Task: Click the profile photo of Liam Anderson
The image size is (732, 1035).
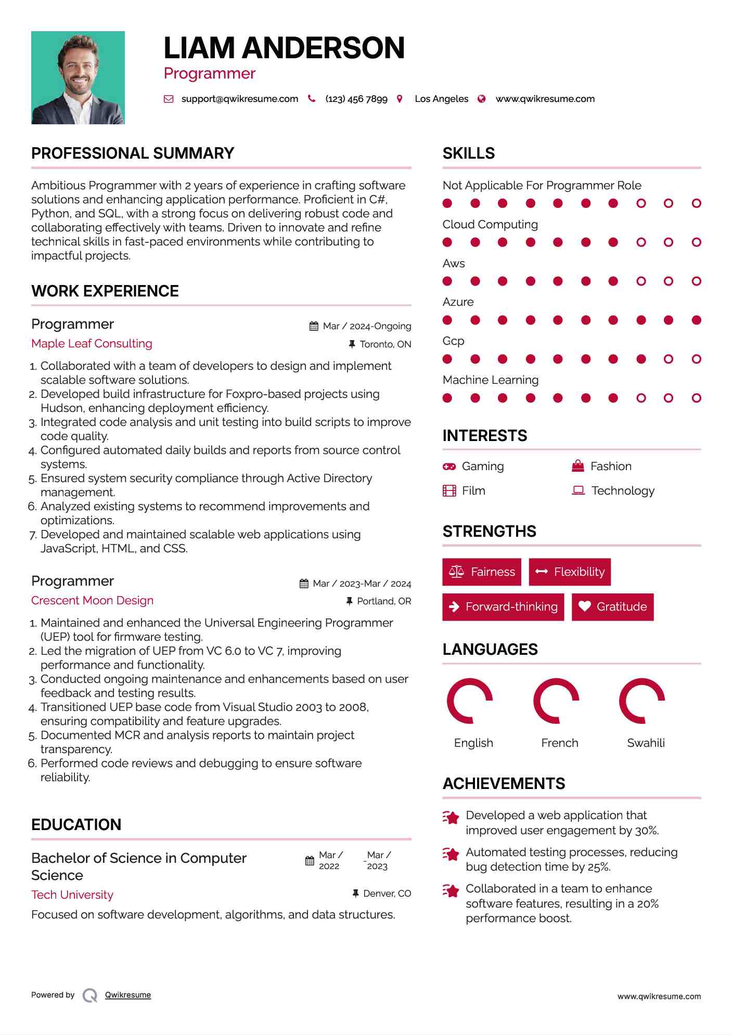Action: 78,77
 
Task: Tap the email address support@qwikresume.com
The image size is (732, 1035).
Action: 239,99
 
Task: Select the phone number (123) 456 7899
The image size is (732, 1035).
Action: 356,99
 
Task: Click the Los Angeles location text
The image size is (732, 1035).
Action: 441,99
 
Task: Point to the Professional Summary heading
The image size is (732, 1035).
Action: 133,153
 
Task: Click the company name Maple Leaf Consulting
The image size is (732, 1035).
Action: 92,343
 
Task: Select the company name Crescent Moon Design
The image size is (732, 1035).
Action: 92,600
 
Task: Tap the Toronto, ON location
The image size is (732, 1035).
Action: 385,344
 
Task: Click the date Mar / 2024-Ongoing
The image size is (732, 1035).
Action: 366,326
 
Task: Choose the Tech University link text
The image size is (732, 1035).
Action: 72,895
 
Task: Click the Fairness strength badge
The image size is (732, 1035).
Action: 482,572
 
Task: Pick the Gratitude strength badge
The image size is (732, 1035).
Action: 612,606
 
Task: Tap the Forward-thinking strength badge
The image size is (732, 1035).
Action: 503,606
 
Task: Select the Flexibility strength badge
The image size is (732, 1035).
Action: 570,572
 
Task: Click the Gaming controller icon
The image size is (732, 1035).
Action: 449,467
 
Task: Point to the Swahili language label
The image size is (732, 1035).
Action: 646,743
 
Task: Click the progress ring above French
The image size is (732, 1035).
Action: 556,701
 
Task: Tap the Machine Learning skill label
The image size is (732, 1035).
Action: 491,380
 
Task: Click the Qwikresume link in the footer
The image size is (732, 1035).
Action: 128,995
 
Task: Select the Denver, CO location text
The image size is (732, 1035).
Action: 387,894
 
